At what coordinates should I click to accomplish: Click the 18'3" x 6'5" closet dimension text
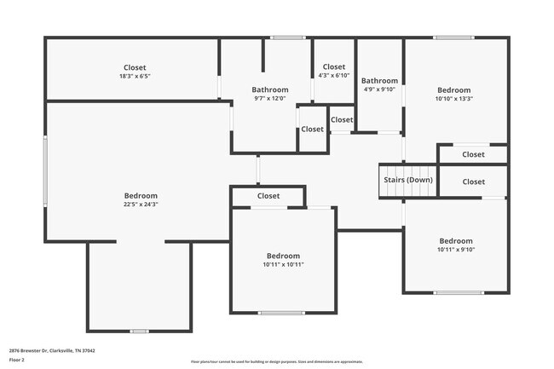pyautogui.click(x=135, y=77)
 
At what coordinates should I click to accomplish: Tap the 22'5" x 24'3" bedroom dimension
pyautogui.click(x=141, y=205)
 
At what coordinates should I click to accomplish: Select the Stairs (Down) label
pyautogui.click(x=407, y=180)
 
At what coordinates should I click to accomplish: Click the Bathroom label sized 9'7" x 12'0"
pyautogui.click(x=269, y=89)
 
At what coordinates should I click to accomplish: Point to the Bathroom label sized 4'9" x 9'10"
pyautogui.click(x=380, y=81)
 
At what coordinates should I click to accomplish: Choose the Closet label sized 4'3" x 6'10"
pyautogui.click(x=333, y=66)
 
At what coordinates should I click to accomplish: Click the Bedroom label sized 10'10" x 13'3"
pyautogui.click(x=454, y=89)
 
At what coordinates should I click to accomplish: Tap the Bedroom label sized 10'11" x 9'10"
pyautogui.click(x=455, y=240)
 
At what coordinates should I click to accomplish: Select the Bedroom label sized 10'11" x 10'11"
pyautogui.click(x=283, y=256)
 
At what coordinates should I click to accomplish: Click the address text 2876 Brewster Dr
pyautogui.click(x=52, y=350)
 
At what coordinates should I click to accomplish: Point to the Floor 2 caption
pyautogui.click(x=17, y=360)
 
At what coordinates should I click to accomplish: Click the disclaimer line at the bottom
pyautogui.click(x=276, y=361)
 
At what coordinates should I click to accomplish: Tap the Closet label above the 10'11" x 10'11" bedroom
pyautogui.click(x=268, y=196)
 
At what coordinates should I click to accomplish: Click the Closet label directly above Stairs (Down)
pyautogui.click(x=473, y=154)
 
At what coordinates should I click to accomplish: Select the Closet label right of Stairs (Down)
pyautogui.click(x=473, y=182)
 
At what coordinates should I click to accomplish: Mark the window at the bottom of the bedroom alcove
pyautogui.click(x=139, y=331)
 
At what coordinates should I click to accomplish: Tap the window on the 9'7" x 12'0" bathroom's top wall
pyautogui.click(x=288, y=37)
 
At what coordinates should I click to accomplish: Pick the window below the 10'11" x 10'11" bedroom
pyautogui.click(x=281, y=313)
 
